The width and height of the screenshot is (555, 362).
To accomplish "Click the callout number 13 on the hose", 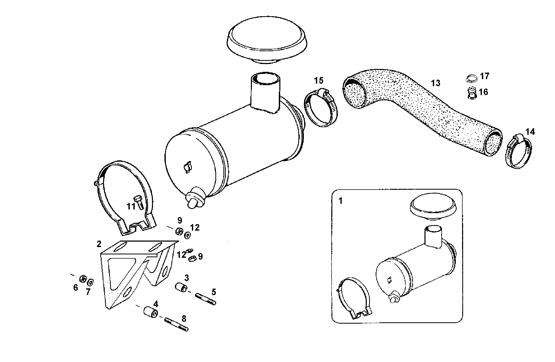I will (435, 83).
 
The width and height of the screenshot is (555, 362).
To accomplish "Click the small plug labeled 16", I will (471, 93).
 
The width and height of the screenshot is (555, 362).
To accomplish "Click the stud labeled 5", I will (205, 299).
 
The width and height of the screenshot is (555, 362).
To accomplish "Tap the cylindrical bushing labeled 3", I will (181, 287).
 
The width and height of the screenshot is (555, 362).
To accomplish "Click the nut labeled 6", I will (83, 279).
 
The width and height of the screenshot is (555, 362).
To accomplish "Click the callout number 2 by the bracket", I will (99, 244).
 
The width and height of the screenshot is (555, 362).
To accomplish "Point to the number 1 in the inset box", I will (340, 201).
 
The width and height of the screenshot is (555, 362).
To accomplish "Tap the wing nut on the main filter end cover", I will (187, 167).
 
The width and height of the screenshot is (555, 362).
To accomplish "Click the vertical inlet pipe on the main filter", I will (265, 93).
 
